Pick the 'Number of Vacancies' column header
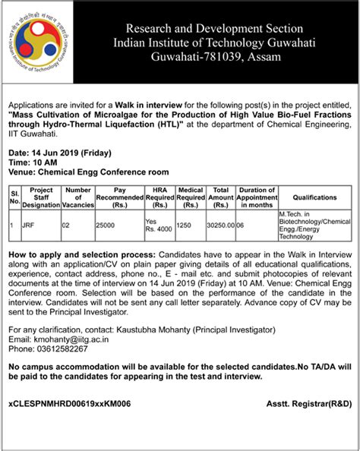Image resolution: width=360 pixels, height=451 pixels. tap(78, 197)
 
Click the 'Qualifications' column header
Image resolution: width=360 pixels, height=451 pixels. tap(313, 197)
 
